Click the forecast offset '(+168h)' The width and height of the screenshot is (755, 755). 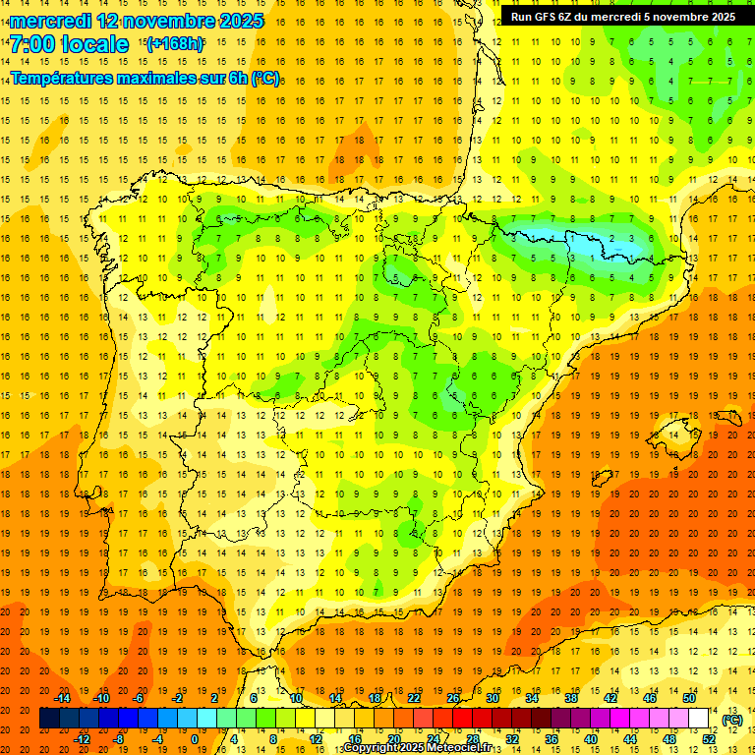tap(175, 44)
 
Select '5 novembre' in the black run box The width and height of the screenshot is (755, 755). tap(680, 17)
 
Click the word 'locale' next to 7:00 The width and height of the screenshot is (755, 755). tap(92, 44)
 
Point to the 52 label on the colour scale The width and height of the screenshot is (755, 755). tap(709, 739)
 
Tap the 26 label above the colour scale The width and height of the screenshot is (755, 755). tap(453, 698)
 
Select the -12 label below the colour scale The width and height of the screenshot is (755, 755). tap(83, 739)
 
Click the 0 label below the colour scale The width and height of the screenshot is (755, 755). tap(195, 739)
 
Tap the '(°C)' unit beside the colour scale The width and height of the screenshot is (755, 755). tap(732, 720)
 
